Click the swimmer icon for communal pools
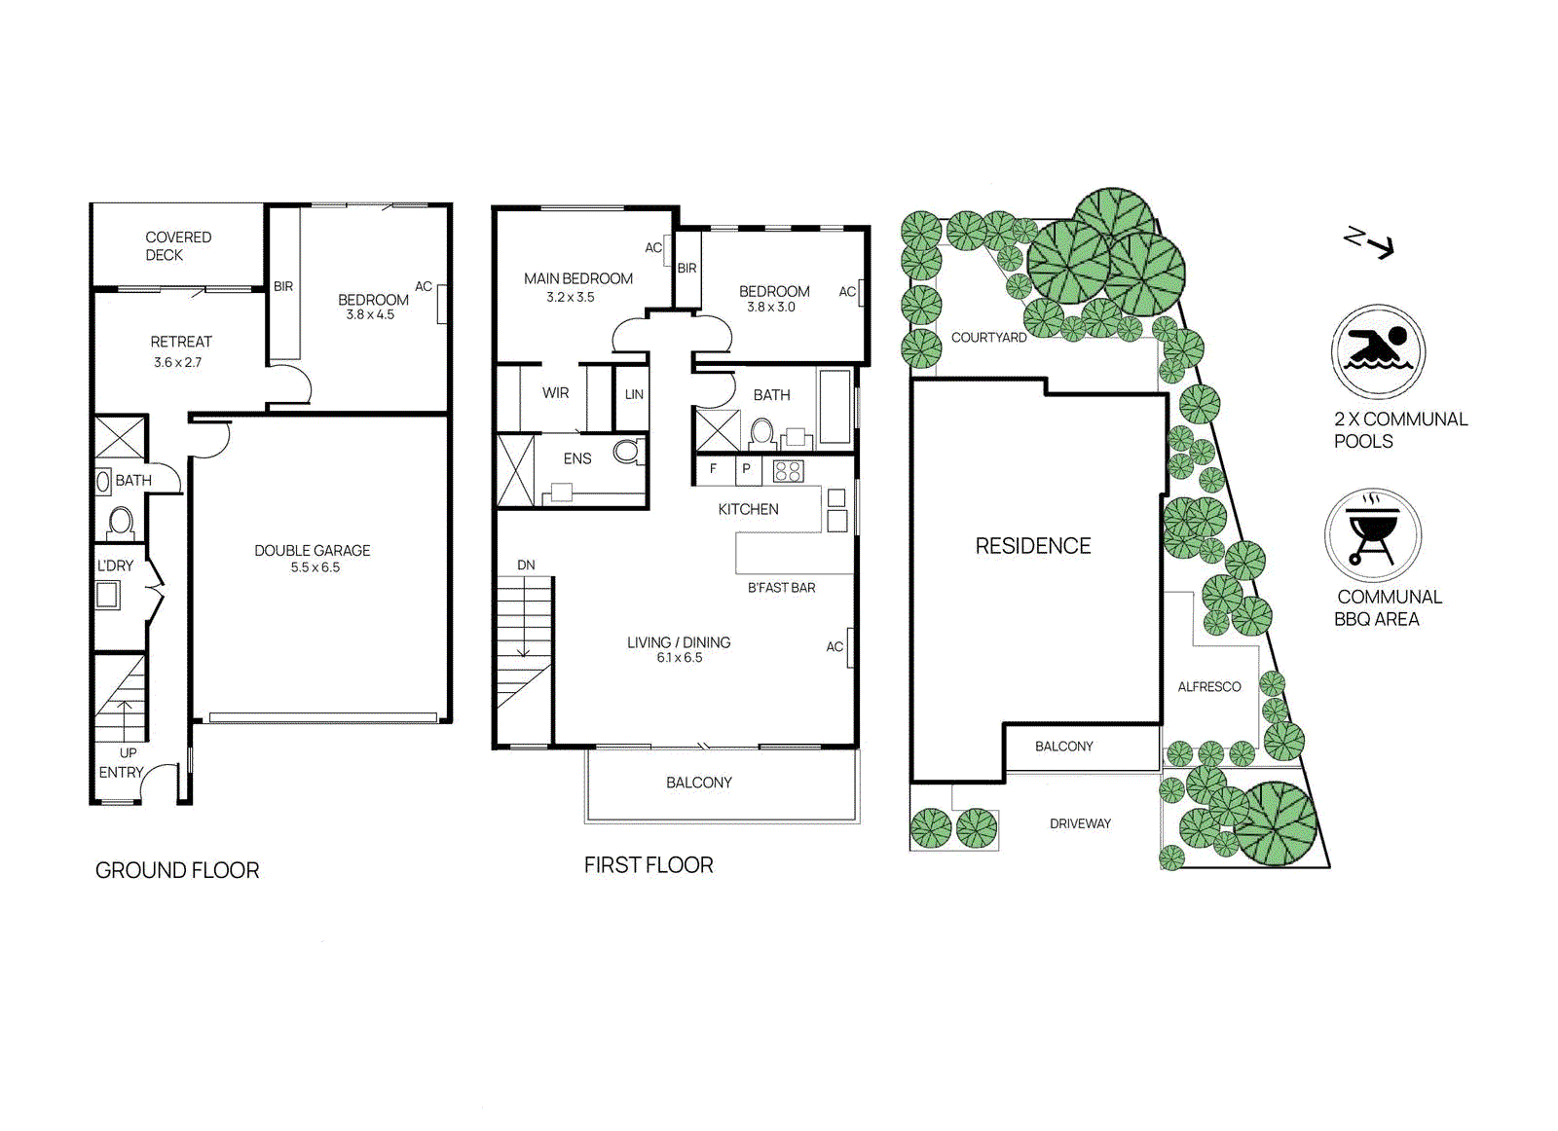click(x=1377, y=350)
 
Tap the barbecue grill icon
click(x=1372, y=534)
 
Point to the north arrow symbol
click(x=1369, y=241)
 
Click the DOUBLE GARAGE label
click(x=312, y=551)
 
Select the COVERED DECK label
click(x=177, y=245)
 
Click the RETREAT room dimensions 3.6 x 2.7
click(x=177, y=362)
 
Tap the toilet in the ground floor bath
click(x=121, y=522)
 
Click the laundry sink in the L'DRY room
click(x=107, y=594)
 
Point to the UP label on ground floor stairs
click(x=128, y=752)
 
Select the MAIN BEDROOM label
click(x=577, y=278)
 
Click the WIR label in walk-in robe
click(x=555, y=393)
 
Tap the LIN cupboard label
click(x=634, y=394)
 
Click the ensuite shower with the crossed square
click(x=515, y=471)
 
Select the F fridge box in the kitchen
click(x=713, y=469)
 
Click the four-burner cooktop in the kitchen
click(x=788, y=472)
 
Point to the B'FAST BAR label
click(x=781, y=588)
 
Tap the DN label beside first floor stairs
click(x=526, y=565)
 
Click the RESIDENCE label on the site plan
click(x=1032, y=546)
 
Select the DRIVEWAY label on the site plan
click(x=1080, y=823)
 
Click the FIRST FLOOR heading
click(x=649, y=865)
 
